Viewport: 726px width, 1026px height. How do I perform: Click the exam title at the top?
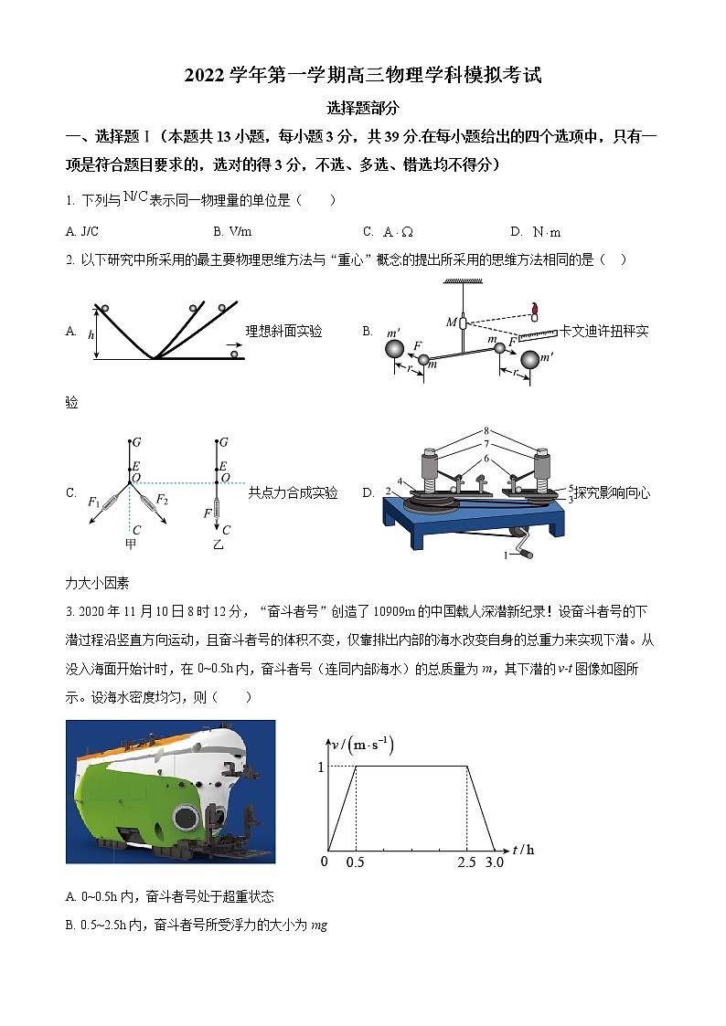(363, 76)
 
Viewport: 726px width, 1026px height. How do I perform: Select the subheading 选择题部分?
(363, 108)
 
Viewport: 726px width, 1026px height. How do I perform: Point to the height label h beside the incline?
(91, 334)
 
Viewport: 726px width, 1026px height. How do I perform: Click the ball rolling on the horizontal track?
(236, 354)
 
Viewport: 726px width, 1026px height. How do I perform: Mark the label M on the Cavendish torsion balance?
(451, 322)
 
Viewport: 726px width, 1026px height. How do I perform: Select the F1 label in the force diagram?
(93, 503)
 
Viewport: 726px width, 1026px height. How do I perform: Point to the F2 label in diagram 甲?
(162, 499)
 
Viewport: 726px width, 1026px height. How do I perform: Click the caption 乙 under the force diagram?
(219, 545)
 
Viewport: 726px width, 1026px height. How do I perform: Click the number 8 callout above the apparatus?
(488, 429)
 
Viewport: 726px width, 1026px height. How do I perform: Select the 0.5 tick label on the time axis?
(355, 862)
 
